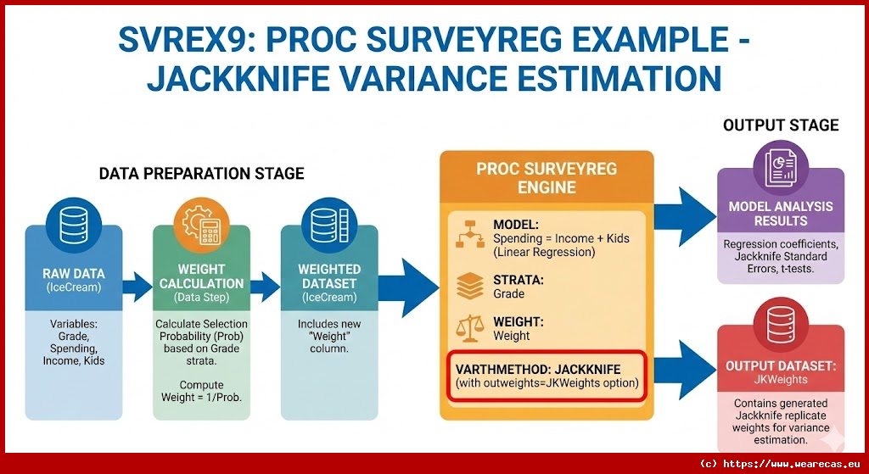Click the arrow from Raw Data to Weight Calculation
point(136,288)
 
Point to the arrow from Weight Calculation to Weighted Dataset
point(265,288)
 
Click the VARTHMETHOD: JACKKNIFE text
point(537,369)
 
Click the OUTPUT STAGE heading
point(780,125)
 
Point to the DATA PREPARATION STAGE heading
point(201,174)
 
